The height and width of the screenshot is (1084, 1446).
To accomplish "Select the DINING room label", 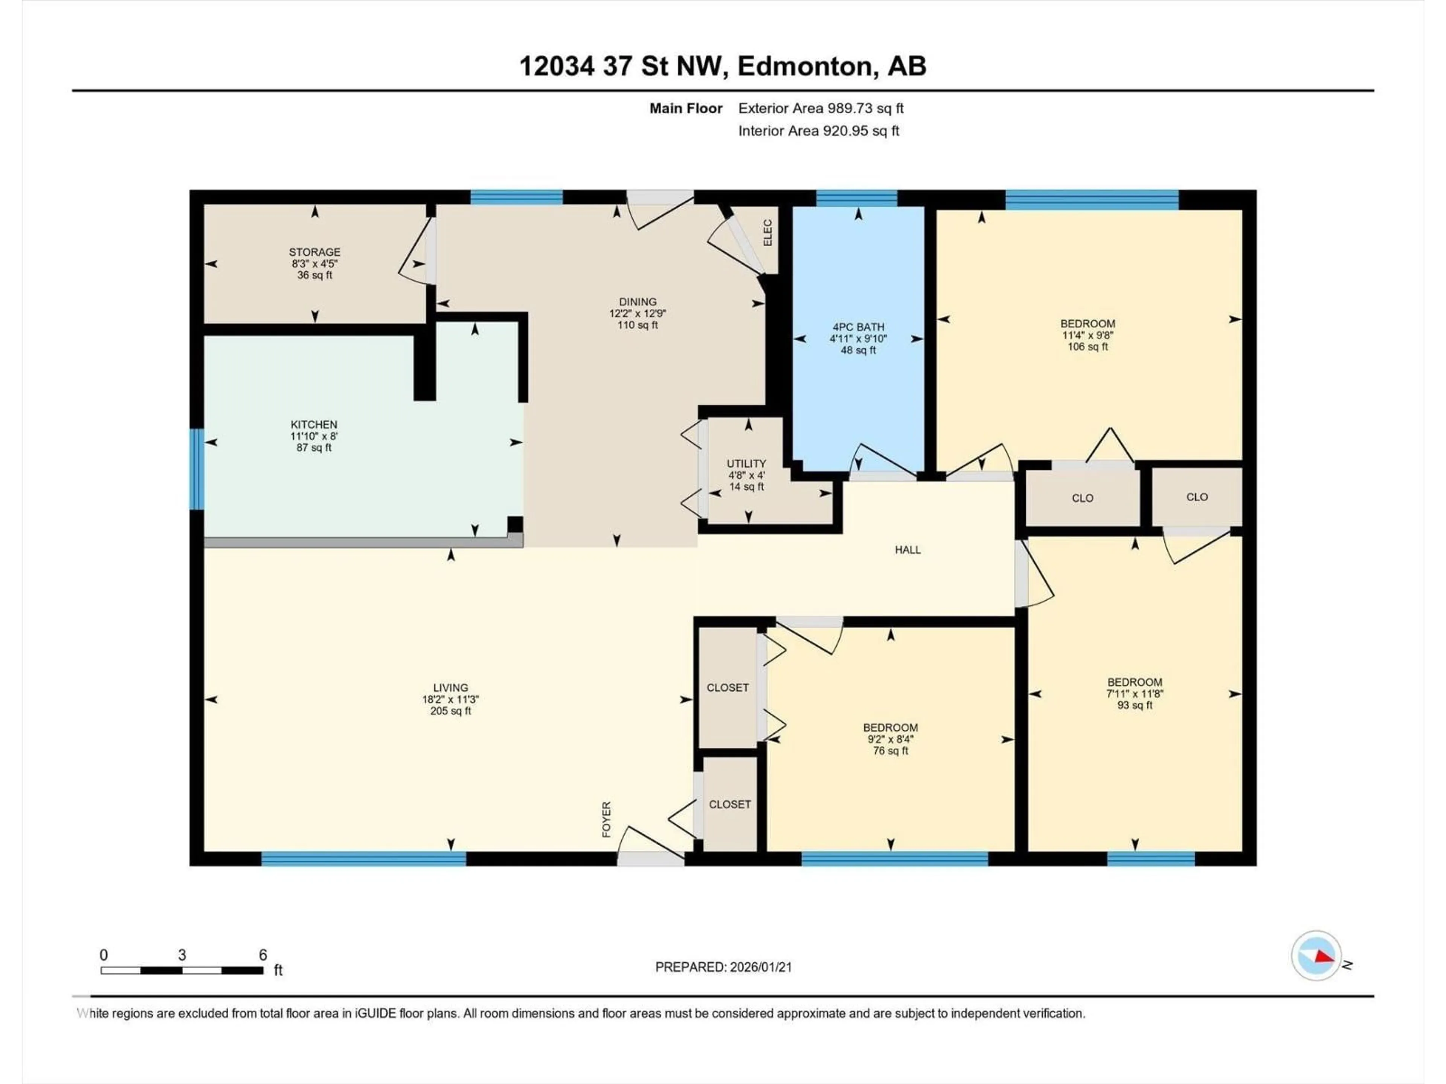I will [x=638, y=302].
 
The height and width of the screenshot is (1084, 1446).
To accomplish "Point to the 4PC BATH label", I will [x=858, y=327].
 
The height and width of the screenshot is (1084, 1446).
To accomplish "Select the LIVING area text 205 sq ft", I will [x=450, y=711].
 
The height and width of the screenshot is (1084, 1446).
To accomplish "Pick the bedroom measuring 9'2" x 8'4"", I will [x=890, y=739].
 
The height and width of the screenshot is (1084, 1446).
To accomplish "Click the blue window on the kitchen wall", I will [x=196, y=469].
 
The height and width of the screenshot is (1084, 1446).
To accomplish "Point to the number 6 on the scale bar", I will [x=263, y=955].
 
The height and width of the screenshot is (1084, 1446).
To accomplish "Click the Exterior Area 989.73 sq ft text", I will [x=821, y=108].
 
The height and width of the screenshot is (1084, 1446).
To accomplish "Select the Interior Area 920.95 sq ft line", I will [x=818, y=131].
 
